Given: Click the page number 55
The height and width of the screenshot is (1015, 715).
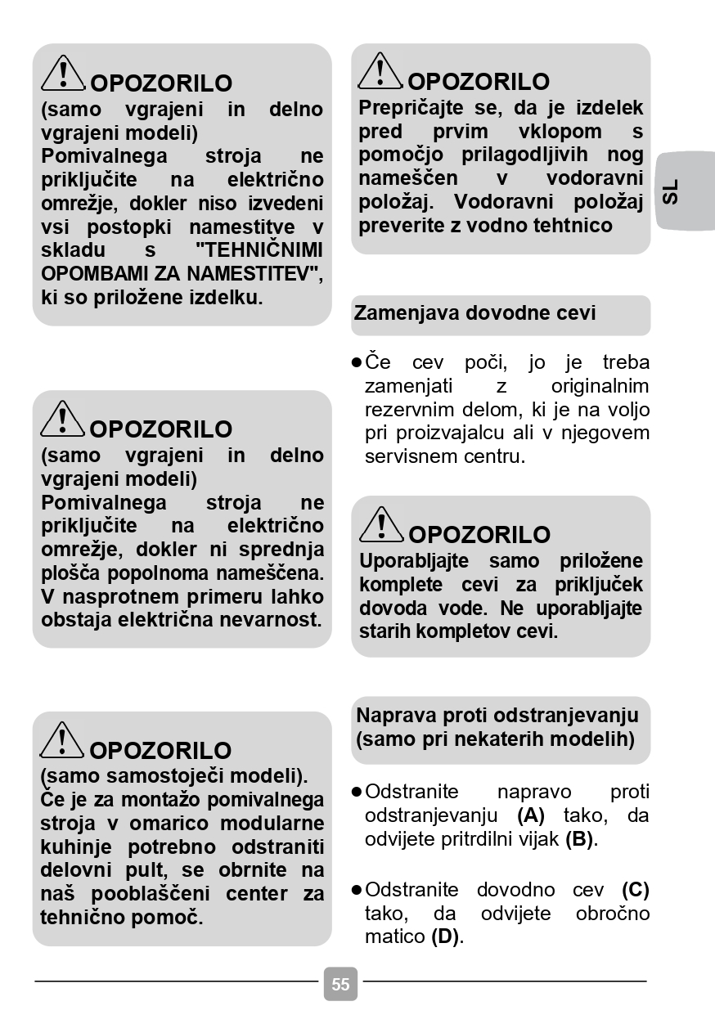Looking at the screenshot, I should coord(340,984).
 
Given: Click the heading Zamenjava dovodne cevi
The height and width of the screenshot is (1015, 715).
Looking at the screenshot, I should coord(474,313).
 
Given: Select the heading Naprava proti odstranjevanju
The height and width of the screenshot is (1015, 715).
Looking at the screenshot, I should coord(497,715).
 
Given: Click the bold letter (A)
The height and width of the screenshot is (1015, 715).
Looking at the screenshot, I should coord(531,815).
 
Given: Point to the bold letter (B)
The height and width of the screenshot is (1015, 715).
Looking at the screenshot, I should coord(580,839).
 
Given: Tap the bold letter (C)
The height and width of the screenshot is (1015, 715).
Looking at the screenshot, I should coord(635,889).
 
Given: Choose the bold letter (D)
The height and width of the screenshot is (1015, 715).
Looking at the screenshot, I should coord(446,936).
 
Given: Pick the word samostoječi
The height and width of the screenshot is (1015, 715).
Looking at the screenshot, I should coord(169,775).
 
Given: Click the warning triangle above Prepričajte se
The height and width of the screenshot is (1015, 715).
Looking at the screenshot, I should coord(380,71).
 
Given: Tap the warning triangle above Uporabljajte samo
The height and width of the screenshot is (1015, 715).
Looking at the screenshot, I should coord(380,525).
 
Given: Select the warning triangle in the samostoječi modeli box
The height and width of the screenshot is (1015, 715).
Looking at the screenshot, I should coord(62,740).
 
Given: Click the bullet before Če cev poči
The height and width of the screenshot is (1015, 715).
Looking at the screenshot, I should coord(357,362).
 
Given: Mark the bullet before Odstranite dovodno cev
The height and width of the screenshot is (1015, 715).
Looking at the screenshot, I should coord(357,889).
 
